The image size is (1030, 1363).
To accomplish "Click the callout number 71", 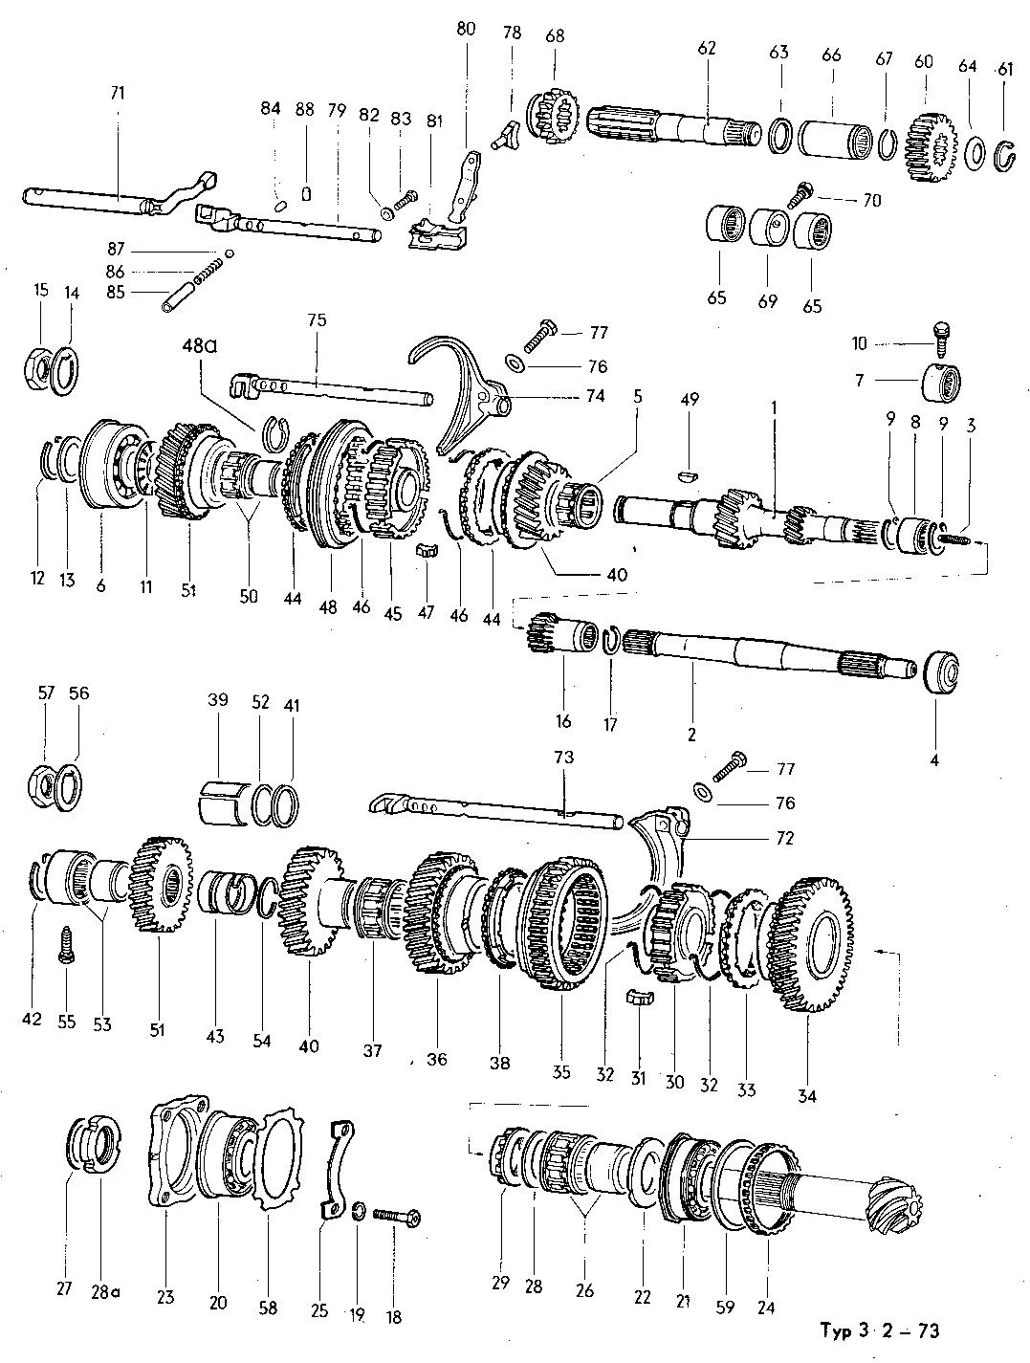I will (x=118, y=93).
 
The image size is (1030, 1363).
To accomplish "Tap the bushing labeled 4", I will (x=940, y=671).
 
